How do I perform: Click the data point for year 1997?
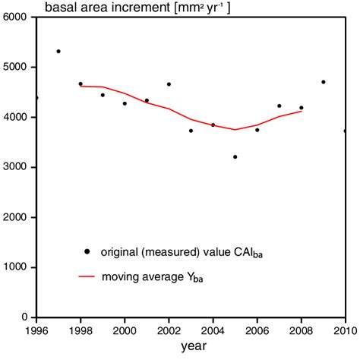[x=58, y=52]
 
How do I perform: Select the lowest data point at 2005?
[x=235, y=157]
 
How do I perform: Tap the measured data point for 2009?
[x=323, y=82]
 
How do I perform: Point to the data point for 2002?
[x=169, y=84]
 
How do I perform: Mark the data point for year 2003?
[x=191, y=131]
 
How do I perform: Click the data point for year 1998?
[x=81, y=84]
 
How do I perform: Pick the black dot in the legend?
[x=87, y=251]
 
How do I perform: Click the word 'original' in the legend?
[x=124, y=251]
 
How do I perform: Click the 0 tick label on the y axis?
[x=24, y=317]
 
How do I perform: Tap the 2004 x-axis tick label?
[x=213, y=331]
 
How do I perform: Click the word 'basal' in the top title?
[x=61, y=8]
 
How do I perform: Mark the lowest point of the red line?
[x=235, y=130]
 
